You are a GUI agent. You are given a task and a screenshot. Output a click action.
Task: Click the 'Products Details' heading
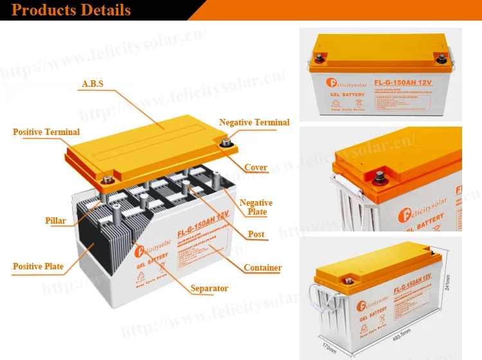point(71,10)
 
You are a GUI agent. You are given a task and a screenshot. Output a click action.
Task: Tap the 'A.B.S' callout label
point(93,84)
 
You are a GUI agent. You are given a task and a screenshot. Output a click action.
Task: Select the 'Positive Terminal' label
point(46,132)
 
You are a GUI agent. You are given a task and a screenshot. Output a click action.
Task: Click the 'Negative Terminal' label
point(254,122)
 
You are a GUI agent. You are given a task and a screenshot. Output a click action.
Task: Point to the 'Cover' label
point(256,168)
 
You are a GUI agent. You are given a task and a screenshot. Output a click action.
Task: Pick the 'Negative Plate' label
point(256,207)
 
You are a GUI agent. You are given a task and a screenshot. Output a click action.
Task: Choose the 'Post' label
point(256,234)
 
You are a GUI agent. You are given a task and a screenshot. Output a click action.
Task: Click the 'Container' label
point(263,268)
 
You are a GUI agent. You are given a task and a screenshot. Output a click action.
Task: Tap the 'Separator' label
point(210,289)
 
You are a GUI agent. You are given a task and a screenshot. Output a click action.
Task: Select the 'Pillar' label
point(56,221)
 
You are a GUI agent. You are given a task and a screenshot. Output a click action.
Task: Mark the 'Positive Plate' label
point(38,267)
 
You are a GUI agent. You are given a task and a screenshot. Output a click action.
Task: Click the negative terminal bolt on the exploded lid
point(226,143)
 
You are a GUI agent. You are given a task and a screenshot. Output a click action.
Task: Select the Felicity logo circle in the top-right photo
point(334,83)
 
